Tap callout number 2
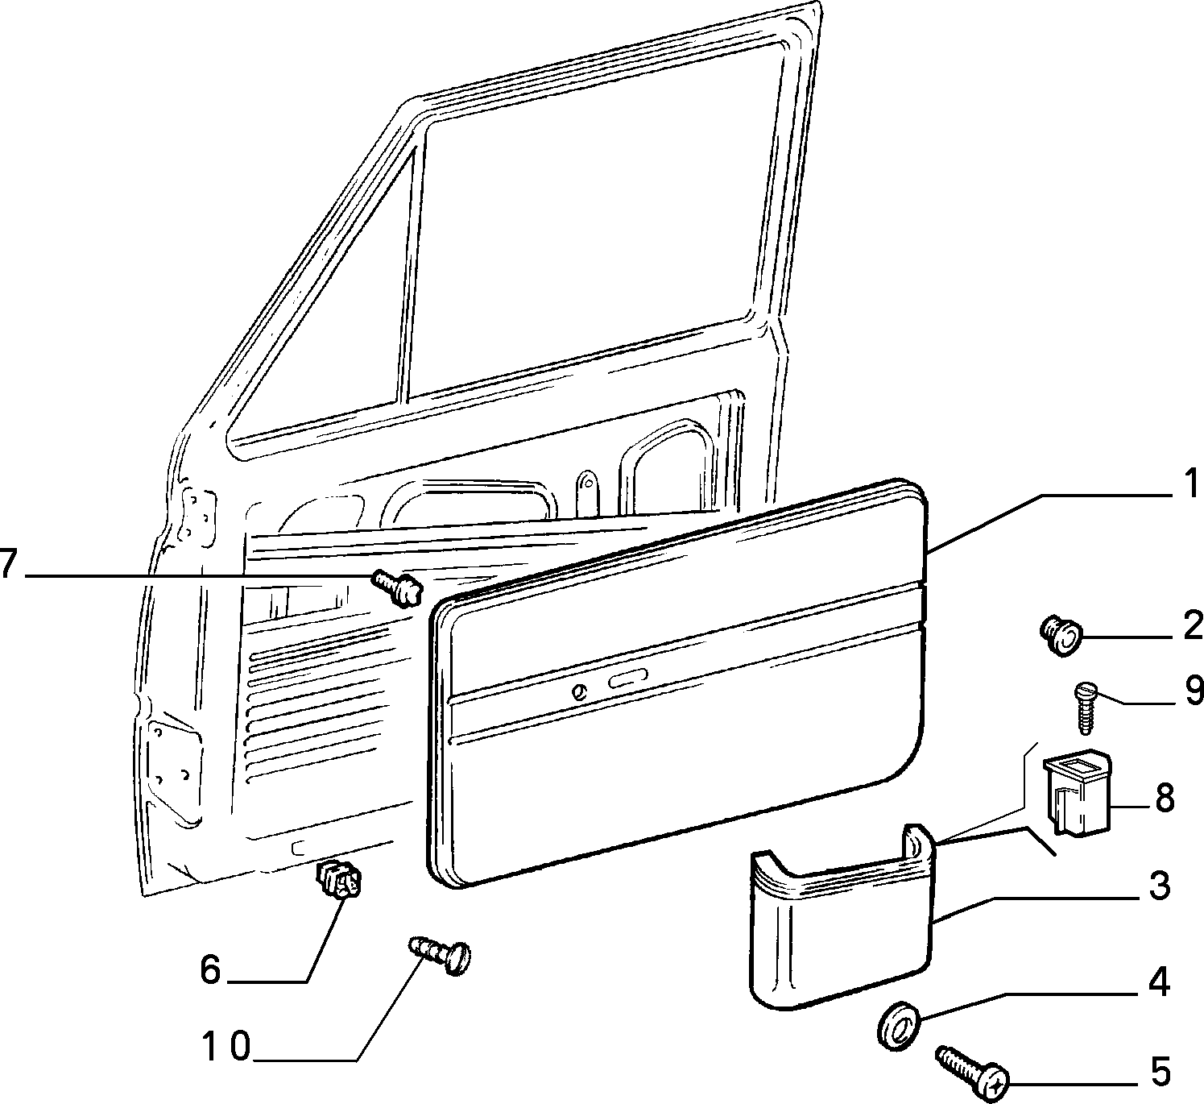[1190, 626]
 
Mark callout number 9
[1190, 690]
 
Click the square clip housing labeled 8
[1078, 791]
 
